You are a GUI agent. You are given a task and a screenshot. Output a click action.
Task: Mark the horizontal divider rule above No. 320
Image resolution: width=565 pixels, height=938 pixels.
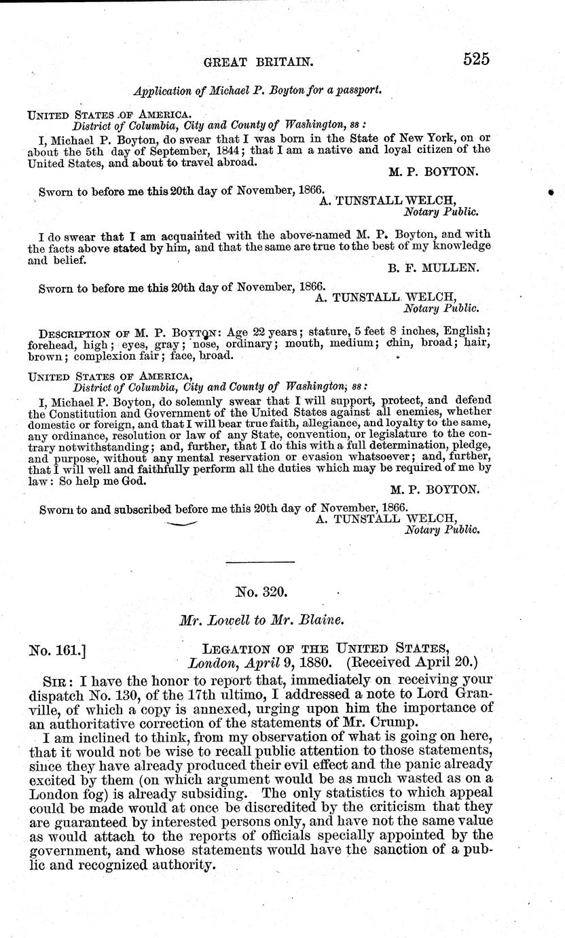[259, 562]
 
